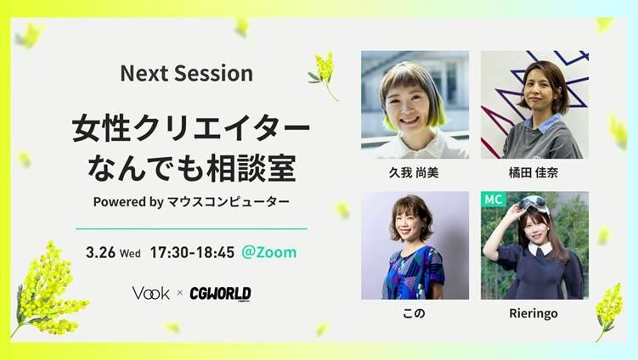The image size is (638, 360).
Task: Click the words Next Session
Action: tap(186, 74)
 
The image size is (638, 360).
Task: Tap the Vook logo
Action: tap(150, 293)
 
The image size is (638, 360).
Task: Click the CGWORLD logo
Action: tap(220, 294)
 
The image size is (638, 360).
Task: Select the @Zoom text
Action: tap(269, 252)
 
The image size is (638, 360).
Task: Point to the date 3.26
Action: tap(100, 253)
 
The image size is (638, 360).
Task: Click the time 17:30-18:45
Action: tap(192, 253)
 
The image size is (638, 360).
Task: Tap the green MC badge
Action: tap(493, 200)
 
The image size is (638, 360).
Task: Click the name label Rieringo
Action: tap(534, 313)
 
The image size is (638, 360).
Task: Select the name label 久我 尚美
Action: tap(414, 173)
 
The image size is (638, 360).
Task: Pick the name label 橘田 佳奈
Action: tap(533, 173)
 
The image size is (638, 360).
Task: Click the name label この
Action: tap(414, 313)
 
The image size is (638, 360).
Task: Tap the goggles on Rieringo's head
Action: tap(533, 203)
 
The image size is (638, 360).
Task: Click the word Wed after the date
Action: tap(130, 254)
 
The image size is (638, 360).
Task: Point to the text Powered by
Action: tap(128, 202)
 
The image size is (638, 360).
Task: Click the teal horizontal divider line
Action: tap(191, 229)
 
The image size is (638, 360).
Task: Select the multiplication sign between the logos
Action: tap(179, 293)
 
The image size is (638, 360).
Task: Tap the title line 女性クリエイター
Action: tap(191, 129)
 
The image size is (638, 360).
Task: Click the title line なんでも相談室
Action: tap(191, 169)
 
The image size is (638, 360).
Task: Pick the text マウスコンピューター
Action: tap(229, 202)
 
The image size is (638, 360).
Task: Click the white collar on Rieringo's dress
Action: tap(541, 248)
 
